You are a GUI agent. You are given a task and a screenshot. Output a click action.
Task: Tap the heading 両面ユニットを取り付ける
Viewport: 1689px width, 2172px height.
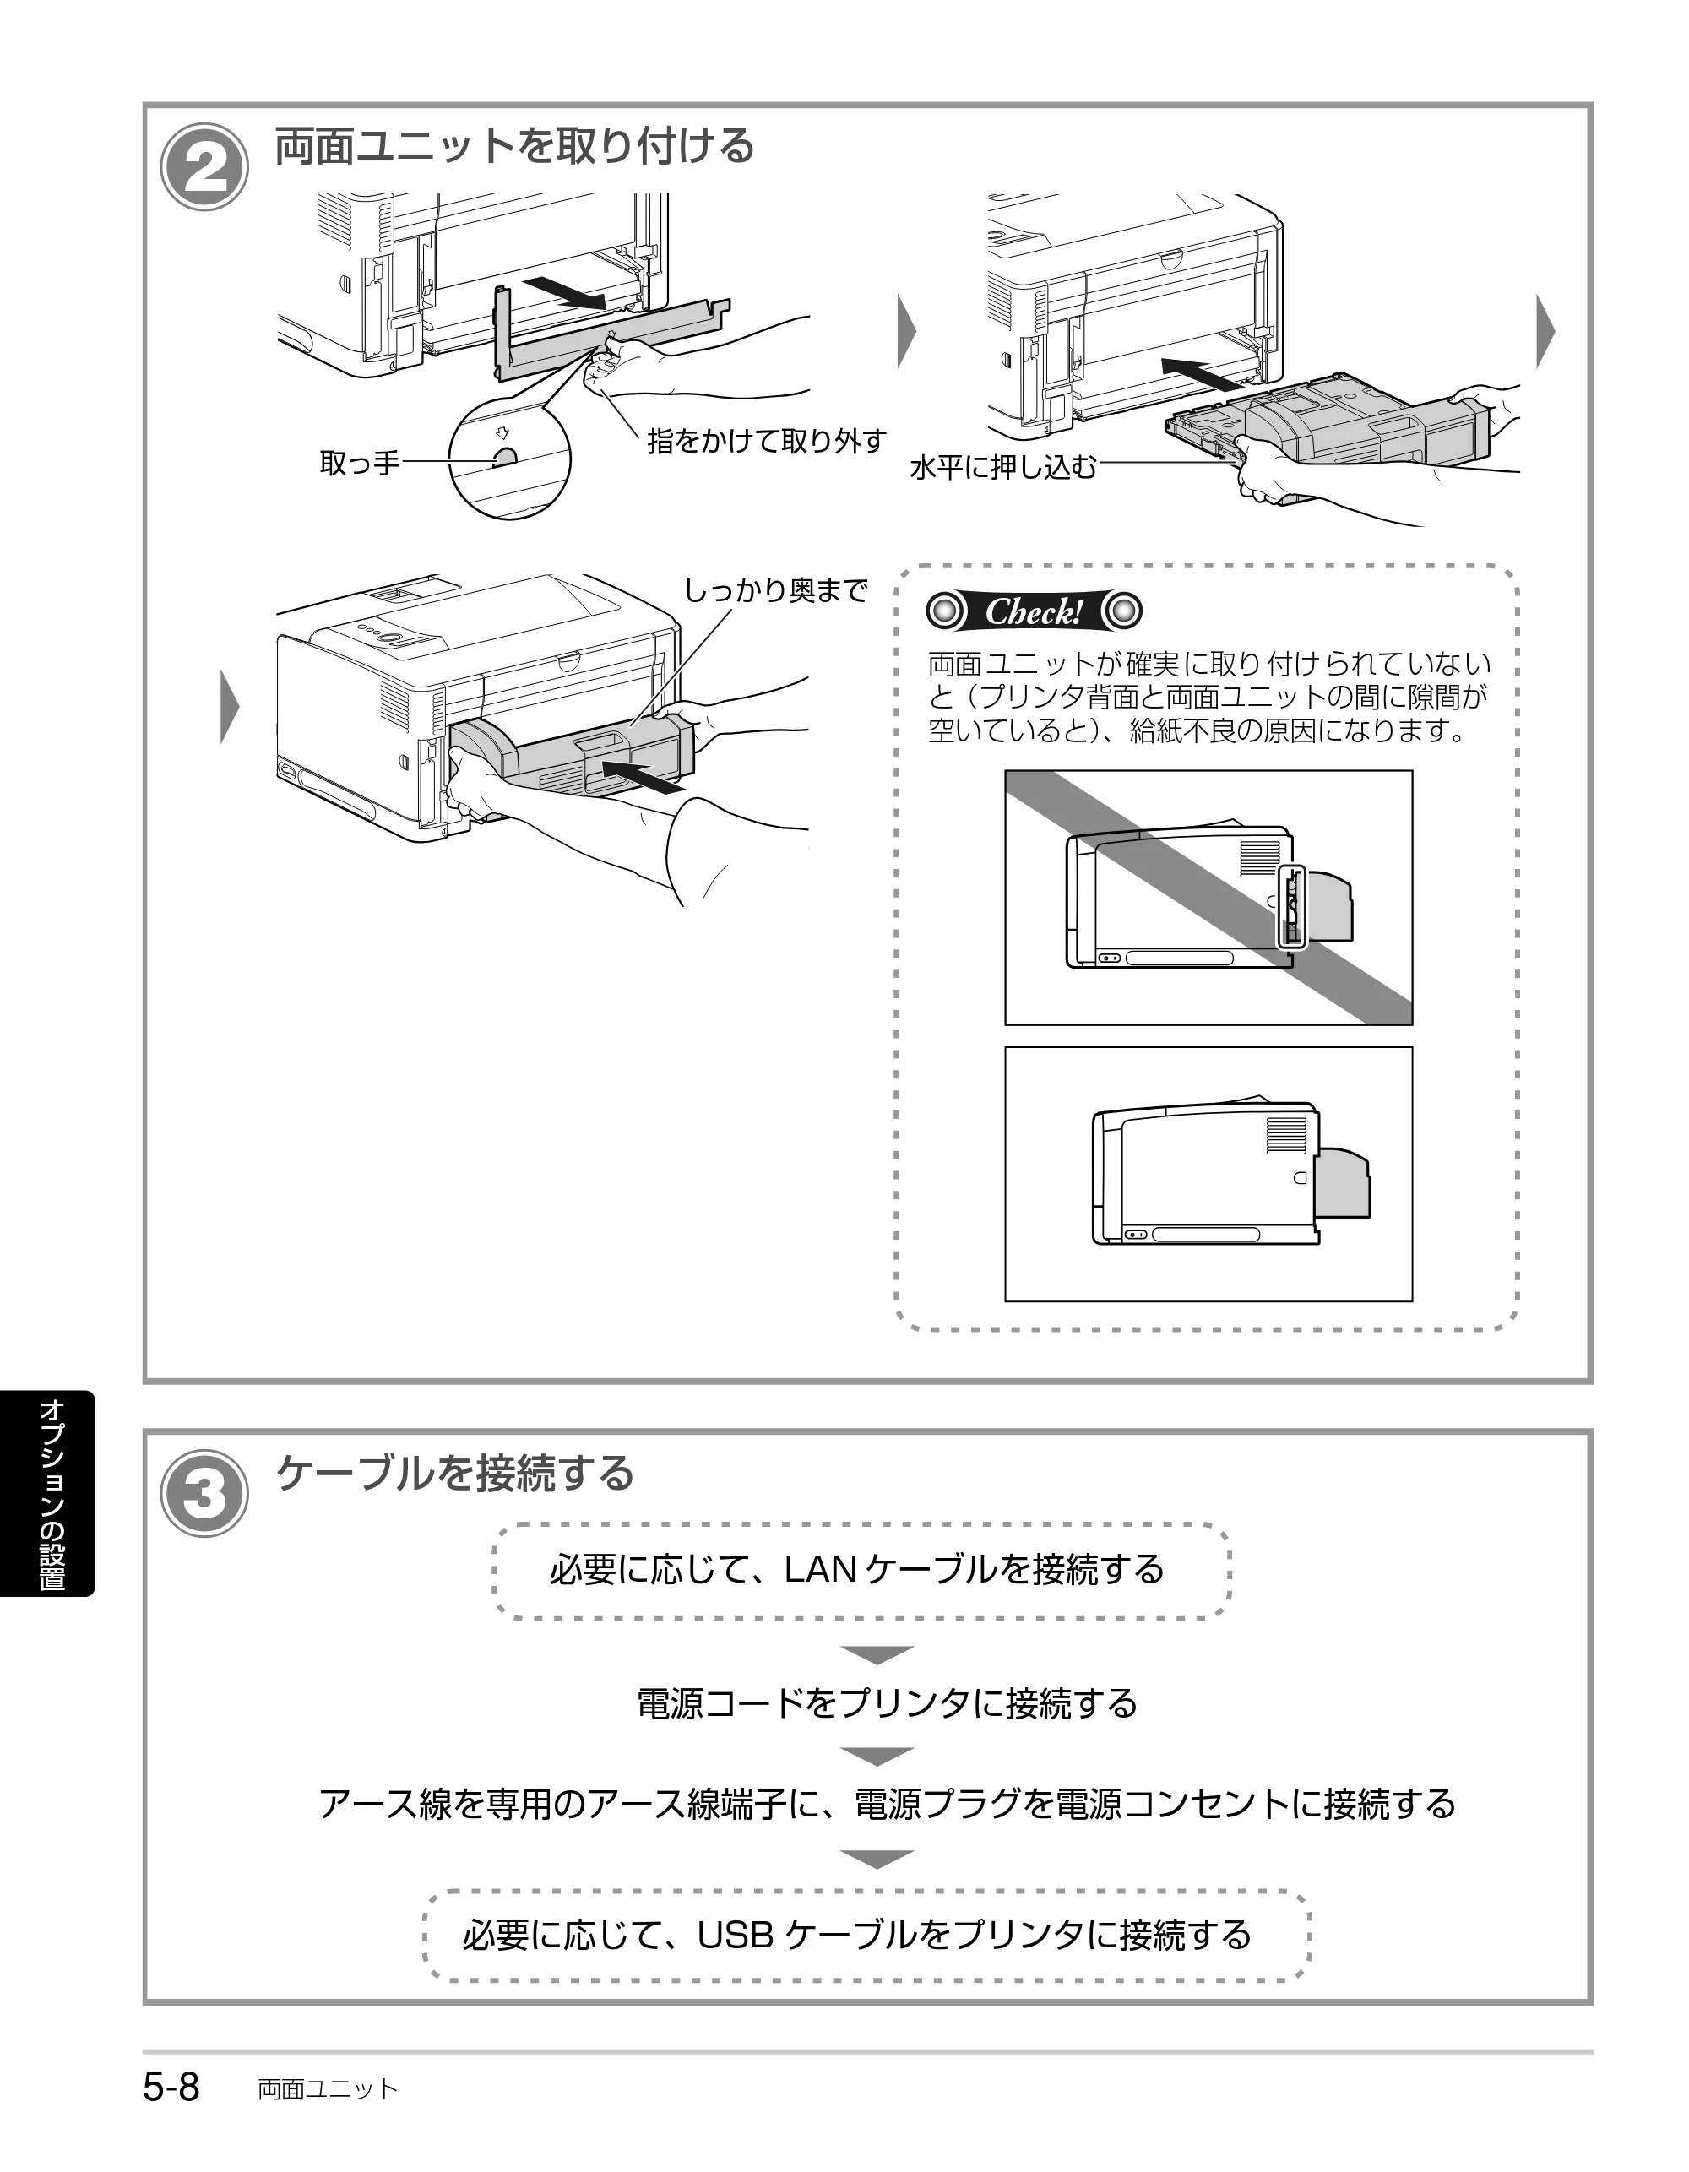tap(514, 146)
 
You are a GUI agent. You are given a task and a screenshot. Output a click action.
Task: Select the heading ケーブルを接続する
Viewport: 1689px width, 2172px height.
tap(454, 1473)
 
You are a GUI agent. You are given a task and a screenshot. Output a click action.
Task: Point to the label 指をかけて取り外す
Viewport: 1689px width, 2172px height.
tap(767, 441)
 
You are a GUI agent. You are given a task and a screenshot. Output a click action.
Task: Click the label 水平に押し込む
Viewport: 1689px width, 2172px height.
tap(1002, 465)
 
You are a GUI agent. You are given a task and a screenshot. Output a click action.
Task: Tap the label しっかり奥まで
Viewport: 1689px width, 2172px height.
tap(776, 589)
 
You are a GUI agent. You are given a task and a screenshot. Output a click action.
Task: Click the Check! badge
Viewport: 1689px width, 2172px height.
tap(1034, 611)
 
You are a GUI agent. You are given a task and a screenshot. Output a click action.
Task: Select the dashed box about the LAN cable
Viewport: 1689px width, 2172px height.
tap(861, 1572)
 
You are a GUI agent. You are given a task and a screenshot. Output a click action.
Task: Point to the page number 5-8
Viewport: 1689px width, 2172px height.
tap(171, 2087)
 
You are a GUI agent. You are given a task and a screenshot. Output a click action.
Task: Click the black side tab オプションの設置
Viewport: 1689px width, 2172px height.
tap(48, 1494)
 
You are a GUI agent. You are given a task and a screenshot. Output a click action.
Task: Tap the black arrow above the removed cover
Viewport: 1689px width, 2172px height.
tap(564, 293)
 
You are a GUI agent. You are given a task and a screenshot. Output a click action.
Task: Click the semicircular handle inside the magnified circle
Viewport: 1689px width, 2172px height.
tap(505, 457)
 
